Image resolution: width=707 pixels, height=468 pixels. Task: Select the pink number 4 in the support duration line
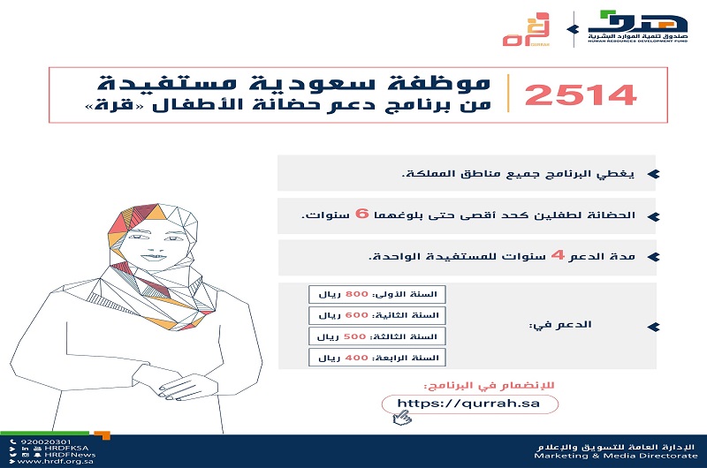[557, 256]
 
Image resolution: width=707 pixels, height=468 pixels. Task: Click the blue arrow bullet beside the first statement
[652, 173]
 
